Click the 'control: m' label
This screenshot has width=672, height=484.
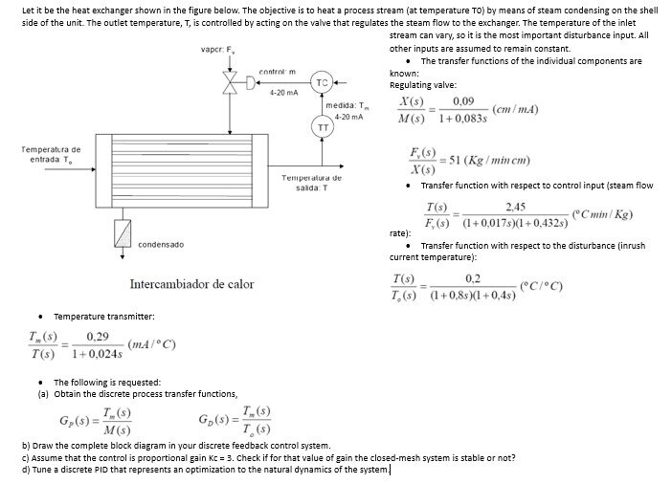coord(278,72)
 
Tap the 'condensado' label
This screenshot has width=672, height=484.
coord(161,245)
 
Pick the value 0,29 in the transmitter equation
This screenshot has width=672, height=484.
coord(97,336)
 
